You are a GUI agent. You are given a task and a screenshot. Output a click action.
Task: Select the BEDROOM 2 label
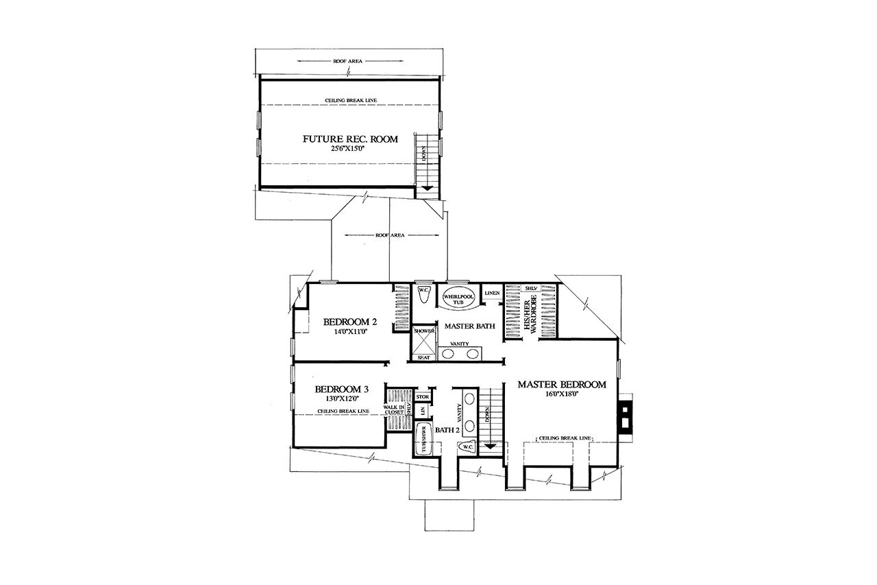350,321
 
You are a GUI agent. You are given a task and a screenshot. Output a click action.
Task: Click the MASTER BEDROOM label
561,385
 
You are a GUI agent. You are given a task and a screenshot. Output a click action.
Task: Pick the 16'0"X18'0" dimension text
561,395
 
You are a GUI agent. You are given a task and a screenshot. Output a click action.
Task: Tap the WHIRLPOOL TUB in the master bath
458,298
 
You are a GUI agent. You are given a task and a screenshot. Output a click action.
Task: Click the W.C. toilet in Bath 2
469,446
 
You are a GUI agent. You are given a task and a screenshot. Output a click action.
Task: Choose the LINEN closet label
491,294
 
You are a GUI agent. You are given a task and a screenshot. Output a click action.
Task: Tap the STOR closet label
422,397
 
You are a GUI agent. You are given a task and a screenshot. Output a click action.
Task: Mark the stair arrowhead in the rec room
427,188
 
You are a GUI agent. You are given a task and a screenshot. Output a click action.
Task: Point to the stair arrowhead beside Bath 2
490,446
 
